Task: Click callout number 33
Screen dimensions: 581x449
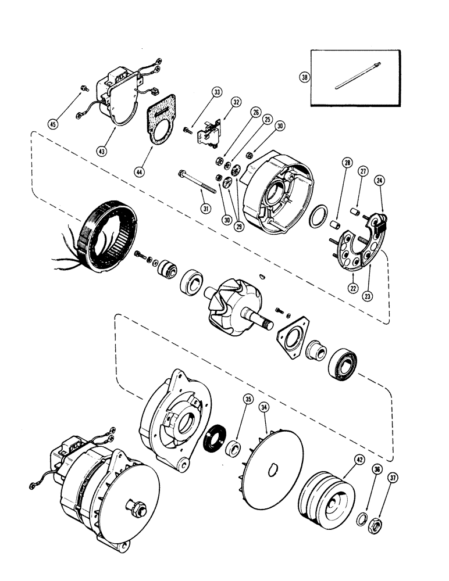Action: [216, 92]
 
